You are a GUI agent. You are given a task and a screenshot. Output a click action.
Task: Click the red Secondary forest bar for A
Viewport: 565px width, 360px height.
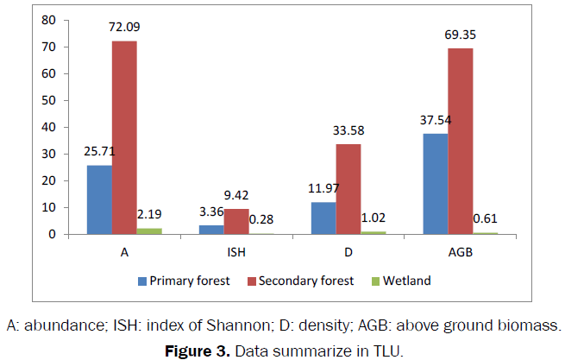(123, 137)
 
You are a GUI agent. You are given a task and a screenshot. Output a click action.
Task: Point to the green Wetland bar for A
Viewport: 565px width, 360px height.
(149, 231)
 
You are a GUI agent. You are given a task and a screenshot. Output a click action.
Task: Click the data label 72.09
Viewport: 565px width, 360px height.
(124, 27)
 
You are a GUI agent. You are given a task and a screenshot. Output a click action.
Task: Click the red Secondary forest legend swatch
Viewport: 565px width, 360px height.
(241, 281)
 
